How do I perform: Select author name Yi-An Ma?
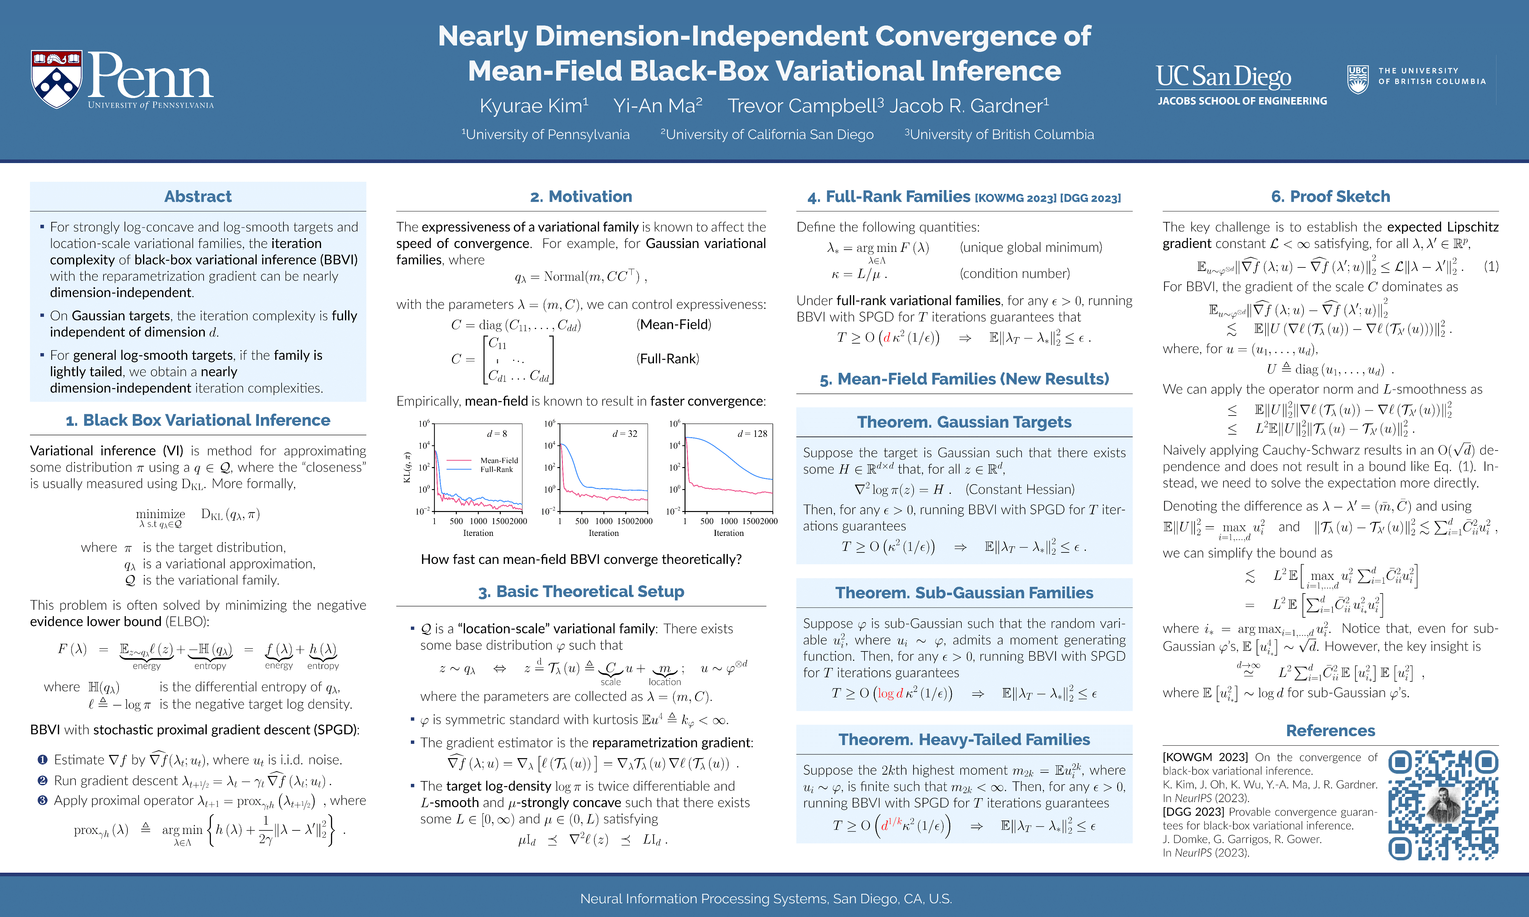pyautogui.click(x=657, y=106)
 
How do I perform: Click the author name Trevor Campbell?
pyautogui.click(x=805, y=106)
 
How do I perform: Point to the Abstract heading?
pyautogui.click(x=198, y=196)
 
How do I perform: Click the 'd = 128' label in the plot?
pyautogui.click(x=752, y=434)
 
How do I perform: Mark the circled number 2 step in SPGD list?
pyautogui.click(x=42, y=780)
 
